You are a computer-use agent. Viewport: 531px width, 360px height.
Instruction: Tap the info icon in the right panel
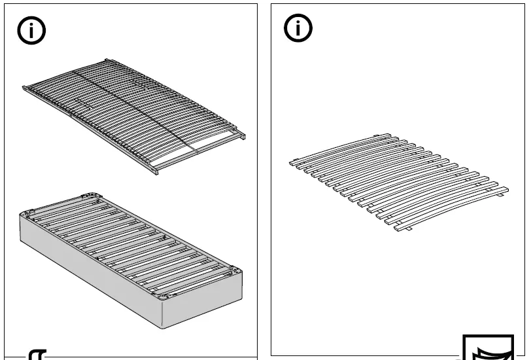tap(298, 28)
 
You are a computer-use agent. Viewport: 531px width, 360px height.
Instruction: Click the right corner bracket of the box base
tap(231, 270)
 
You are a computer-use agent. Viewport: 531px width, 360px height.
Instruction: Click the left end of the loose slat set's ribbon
tap(292, 160)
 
